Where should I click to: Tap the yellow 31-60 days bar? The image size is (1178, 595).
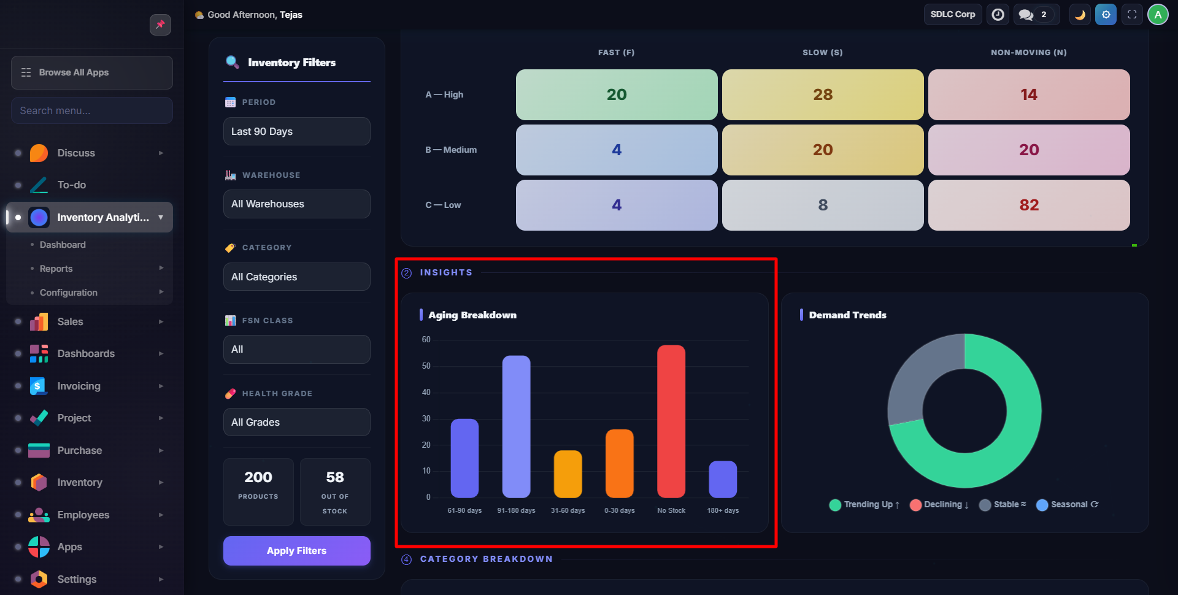pos(568,474)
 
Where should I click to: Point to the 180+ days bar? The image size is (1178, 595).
pos(722,479)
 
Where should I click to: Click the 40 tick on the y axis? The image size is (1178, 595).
pos(426,393)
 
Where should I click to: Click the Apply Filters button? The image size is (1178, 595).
pos(296,551)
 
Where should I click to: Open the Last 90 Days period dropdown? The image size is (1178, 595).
pos(296,131)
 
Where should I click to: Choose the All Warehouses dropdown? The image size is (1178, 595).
pos(296,204)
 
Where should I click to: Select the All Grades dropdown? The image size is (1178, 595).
pos(296,422)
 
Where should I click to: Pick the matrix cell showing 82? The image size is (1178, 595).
pos(1028,205)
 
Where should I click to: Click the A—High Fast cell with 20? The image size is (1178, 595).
pos(616,94)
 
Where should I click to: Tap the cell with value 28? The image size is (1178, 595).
pos(822,94)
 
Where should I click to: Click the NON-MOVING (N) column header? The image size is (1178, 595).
pos(1028,53)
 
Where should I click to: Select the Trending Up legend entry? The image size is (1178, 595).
pos(864,505)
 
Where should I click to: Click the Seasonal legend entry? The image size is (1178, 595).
pos(1068,505)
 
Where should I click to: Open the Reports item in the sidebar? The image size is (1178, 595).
pos(56,269)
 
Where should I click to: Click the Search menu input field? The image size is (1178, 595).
pos(92,110)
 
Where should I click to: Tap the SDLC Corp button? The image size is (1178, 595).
pos(952,15)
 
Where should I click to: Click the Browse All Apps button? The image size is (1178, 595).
pos(92,72)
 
